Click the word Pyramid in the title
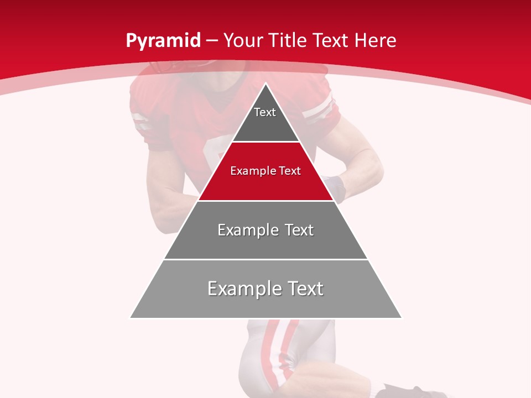click(163, 41)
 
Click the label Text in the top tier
click(265, 112)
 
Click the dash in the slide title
click(212, 41)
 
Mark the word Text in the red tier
click(290, 171)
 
